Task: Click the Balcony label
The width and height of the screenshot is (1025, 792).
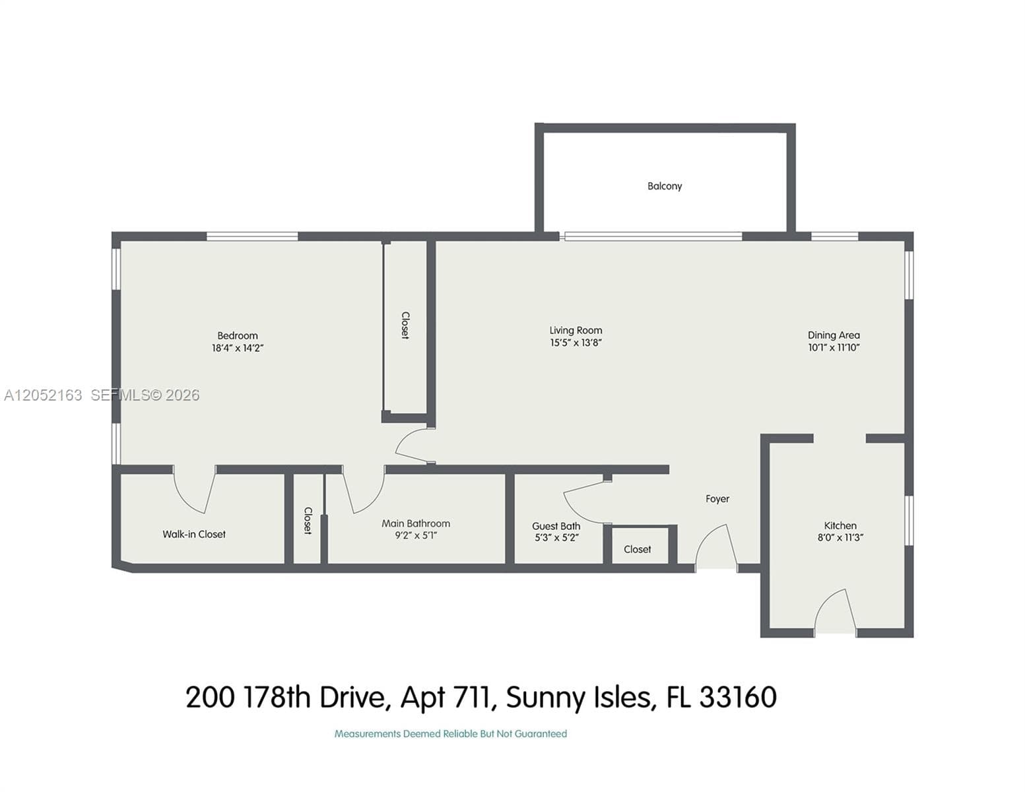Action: (x=664, y=186)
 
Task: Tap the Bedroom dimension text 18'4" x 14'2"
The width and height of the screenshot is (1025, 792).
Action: (x=237, y=348)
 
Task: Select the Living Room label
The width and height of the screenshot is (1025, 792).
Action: (x=576, y=331)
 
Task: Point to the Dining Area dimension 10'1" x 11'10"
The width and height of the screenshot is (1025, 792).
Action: (x=834, y=348)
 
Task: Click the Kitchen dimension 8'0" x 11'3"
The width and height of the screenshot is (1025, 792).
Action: (x=840, y=537)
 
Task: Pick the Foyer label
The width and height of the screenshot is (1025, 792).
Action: (x=717, y=499)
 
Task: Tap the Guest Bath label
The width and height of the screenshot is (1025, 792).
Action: (x=556, y=526)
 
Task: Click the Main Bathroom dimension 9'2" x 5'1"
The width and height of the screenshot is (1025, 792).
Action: (x=416, y=535)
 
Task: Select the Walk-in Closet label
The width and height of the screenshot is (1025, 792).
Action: (x=194, y=535)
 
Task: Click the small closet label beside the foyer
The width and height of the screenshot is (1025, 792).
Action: (x=638, y=550)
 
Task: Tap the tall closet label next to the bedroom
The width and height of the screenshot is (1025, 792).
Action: (x=405, y=325)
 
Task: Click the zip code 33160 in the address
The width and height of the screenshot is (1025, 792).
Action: (x=738, y=697)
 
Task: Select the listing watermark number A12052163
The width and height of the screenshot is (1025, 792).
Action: (x=43, y=395)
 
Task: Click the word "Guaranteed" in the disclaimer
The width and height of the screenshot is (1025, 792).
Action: (x=541, y=733)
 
